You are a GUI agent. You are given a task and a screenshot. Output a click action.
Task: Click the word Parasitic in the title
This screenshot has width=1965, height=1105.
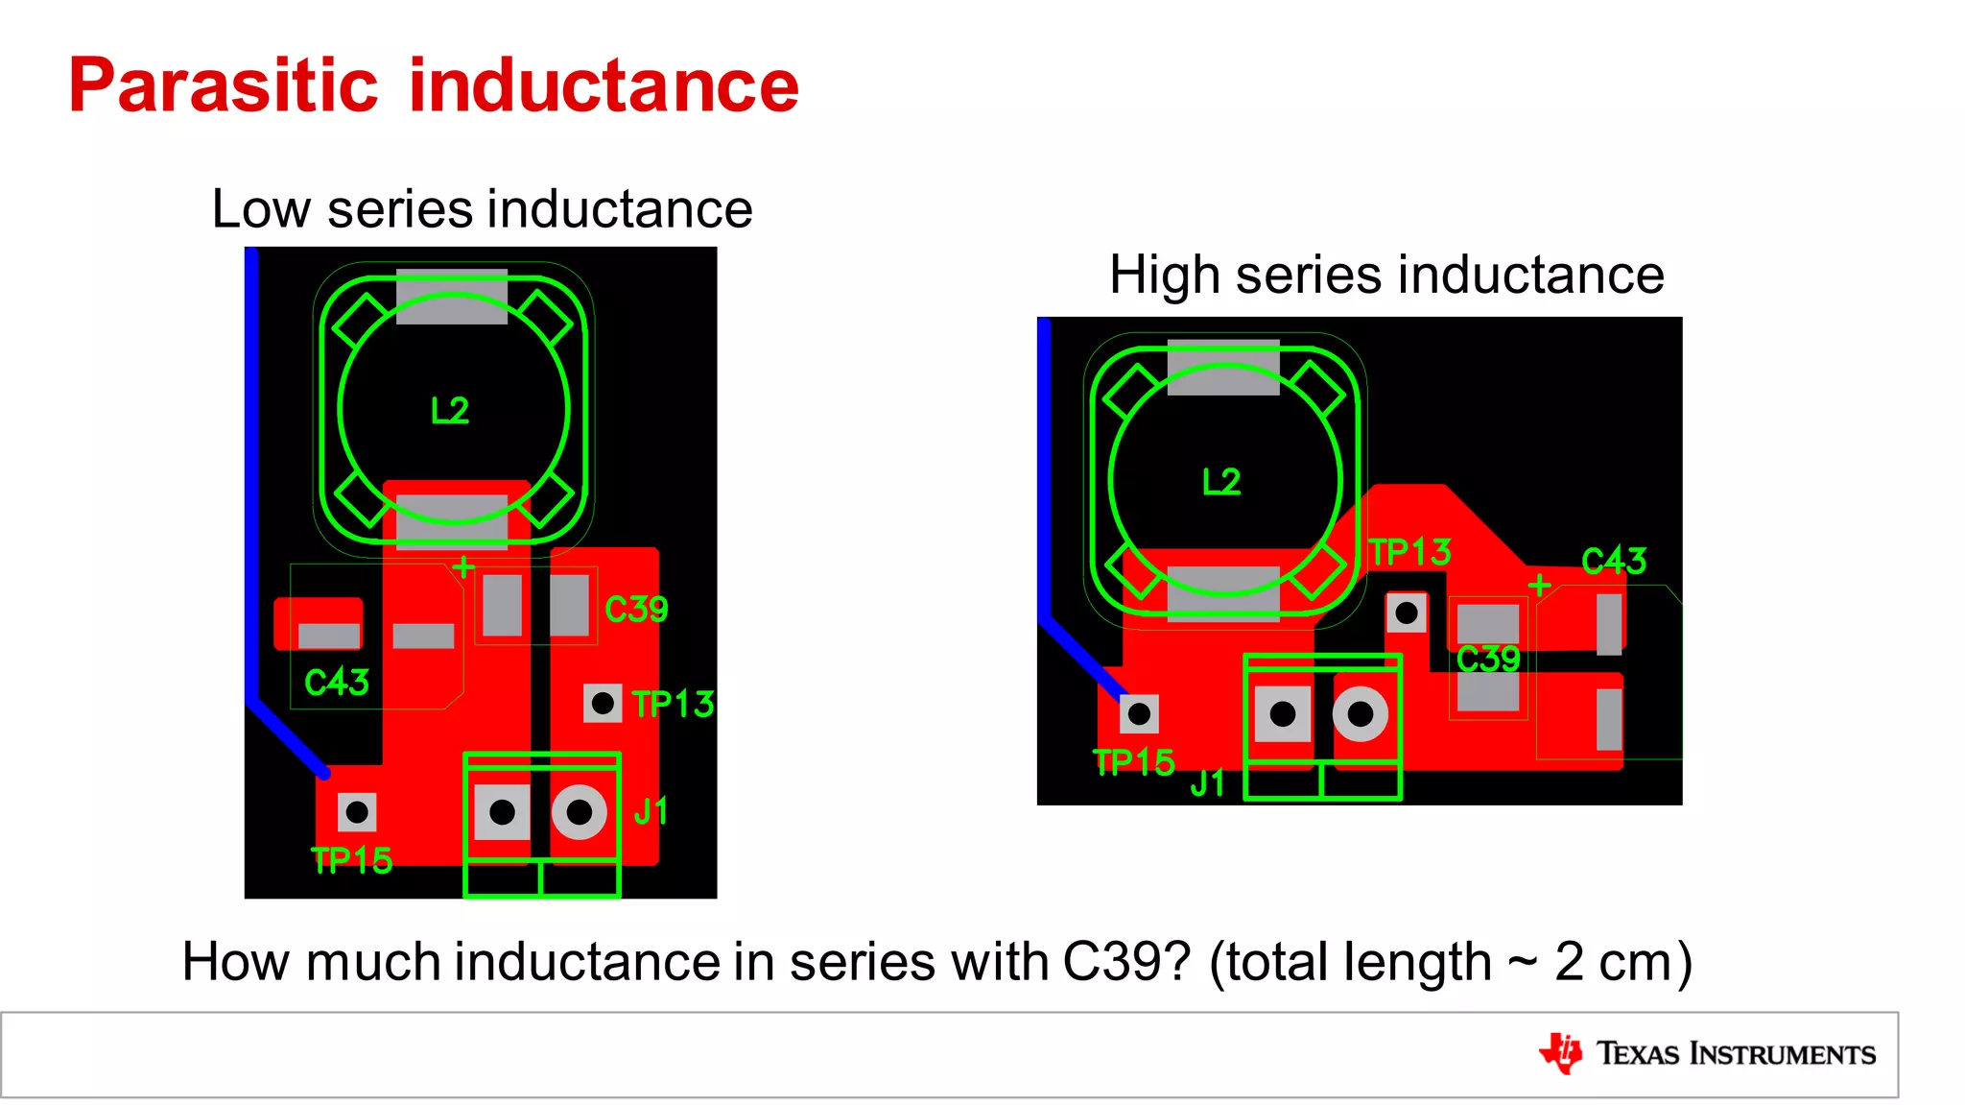tap(223, 86)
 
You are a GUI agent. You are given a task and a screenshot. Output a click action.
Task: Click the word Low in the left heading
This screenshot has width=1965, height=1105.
tap(261, 209)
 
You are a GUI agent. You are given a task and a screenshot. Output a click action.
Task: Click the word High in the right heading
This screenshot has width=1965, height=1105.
tap(1164, 276)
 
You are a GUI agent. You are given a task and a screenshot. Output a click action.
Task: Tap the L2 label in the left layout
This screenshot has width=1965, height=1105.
tap(450, 411)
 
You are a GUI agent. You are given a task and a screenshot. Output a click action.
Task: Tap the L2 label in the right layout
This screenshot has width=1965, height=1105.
tap(1221, 482)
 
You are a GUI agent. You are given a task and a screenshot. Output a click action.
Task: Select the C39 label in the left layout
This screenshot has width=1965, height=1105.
tap(636, 610)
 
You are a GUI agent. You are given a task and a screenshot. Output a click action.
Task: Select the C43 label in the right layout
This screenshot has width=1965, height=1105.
tap(1614, 561)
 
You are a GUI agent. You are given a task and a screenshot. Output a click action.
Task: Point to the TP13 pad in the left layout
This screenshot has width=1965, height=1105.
tap(603, 704)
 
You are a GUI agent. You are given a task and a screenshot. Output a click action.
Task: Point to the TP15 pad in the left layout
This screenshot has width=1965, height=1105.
tap(357, 813)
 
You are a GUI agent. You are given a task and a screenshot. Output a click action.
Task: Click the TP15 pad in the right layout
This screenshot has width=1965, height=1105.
tap(1139, 714)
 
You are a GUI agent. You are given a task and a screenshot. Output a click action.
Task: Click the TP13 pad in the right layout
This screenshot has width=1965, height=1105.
tap(1407, 613)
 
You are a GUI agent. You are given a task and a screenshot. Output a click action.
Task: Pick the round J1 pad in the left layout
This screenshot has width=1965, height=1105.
tap(580, 813)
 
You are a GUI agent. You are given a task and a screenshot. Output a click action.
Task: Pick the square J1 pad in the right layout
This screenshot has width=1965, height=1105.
tap(1283, 714)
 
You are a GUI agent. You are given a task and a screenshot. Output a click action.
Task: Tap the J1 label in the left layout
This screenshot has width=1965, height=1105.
tap(651, 812)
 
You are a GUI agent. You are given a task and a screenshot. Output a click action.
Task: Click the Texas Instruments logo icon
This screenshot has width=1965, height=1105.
tap(1561, 1053)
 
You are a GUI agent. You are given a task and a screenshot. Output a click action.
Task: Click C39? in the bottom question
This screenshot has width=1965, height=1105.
tap(1126, 962)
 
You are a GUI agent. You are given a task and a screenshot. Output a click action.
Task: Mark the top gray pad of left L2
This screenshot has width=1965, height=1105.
tap(451, 299)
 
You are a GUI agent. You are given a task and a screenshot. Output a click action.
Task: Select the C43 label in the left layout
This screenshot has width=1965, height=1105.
tap(336, 683)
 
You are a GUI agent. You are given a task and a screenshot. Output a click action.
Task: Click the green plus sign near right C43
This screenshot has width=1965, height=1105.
tap(1539, 585)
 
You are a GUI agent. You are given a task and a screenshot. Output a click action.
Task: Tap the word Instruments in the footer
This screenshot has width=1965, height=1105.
tap(1782, 1054)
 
